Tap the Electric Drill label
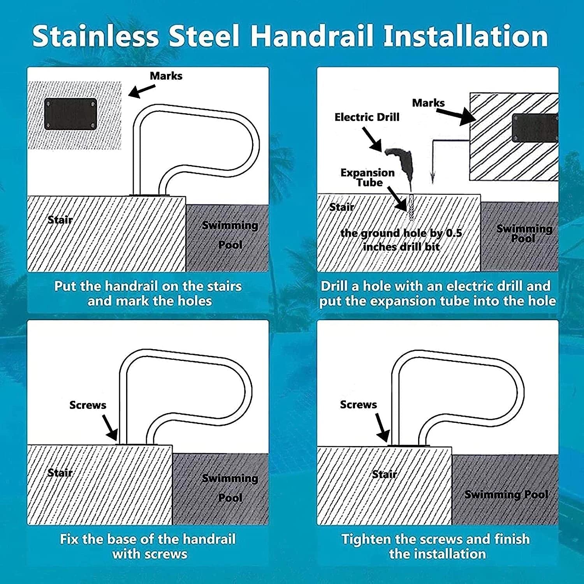(x=367, y=117)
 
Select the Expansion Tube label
(x=368, y=178)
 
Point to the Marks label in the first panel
(x=166, y=76)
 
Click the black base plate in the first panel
(x=70, y=114)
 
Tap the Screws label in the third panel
(x=88, y=405)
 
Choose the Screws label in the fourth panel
(x=358, y=405)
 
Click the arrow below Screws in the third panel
(x=110, y=427)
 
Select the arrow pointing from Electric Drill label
(x=372, y=139)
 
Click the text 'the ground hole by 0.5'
(x=401, y=233)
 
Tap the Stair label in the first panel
(x=60, y=220)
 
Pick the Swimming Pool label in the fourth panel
(x=506, y=494)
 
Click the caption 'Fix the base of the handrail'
(x=148, y=539)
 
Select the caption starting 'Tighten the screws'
(x=436, y=546)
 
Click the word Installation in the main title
(x=466, y=35)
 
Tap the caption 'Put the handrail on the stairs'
(x=148, y=286)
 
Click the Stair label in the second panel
(x=342, y=207)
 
